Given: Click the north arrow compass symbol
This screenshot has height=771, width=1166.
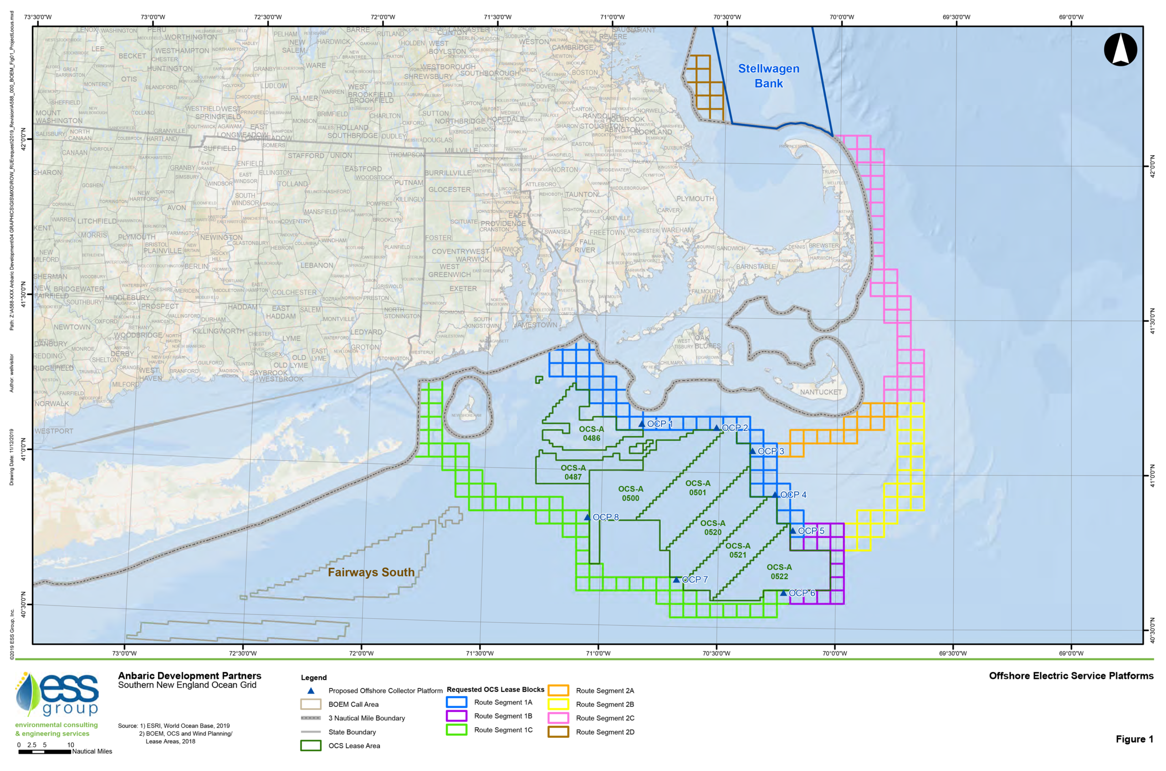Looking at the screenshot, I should click(x=1120, y=49).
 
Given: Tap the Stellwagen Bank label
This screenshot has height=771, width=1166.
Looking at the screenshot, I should click(x=768, y=76).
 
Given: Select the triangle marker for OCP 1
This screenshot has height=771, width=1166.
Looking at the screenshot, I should click(x=642, y=424).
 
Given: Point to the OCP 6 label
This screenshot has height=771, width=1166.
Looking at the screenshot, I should click(x=802, y=593).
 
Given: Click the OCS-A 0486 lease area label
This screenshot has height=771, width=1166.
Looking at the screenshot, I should click(x=591, y=434).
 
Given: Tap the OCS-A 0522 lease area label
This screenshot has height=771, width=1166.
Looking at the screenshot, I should click(x=779, y=572).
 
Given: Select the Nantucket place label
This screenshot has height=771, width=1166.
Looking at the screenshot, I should click(x=821, y=392).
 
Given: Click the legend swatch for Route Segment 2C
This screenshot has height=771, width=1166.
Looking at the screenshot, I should click(x=558, y=718).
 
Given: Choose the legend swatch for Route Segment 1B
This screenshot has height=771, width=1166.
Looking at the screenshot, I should click(x=456, y=716).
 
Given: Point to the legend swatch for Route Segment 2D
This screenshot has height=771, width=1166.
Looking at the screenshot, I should click(x=558, y=732).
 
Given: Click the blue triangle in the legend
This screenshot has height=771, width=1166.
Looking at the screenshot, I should click(x=311, y=691).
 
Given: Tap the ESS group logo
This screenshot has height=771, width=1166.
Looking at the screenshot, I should click(x=56, y=694).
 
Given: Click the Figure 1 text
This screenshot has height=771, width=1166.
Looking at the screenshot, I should click(x=1134, y=739).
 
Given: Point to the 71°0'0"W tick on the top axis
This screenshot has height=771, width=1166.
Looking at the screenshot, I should click(x=612, y=17).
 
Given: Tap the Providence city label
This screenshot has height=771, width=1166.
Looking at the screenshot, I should click(x=503, y=223).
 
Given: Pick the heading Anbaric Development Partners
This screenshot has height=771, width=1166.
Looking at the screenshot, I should click(x=189, y=676).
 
